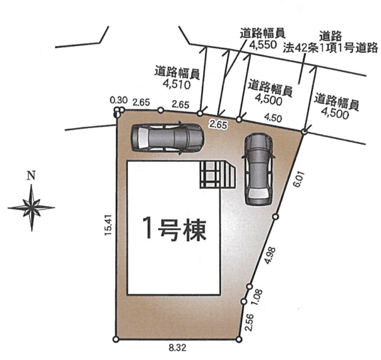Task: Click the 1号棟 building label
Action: click(x=175, y=229)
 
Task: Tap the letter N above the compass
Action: click(x=31, y=175)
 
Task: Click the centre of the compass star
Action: click(x=31, y=208)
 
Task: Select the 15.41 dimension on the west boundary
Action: click(x=108, y=225)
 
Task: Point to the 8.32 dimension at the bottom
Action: click(x=177, y=348)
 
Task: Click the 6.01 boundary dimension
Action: click(x=298, y=179)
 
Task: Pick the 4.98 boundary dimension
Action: click(x=270, y=255)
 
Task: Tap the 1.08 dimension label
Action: click(x=256, y=297)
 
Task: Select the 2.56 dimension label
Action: click(x=249, y=322)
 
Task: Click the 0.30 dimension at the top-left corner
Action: click(x=119, y=100)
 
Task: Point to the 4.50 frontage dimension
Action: click(x=273, y=118)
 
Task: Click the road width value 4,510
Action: click(x=177, y=85)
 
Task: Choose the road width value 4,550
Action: click(x=263, y=45)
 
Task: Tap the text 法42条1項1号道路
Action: click(x=330, y=48)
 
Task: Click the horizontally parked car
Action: click(x=167, y=138)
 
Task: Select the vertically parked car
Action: click(x=258, y=169)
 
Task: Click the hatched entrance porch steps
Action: click(x=218, y=174)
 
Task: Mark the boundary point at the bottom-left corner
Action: click(x=116, y=339)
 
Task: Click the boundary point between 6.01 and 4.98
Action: click(x=276, y=217)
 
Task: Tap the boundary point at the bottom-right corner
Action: click(x=239, y=339)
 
